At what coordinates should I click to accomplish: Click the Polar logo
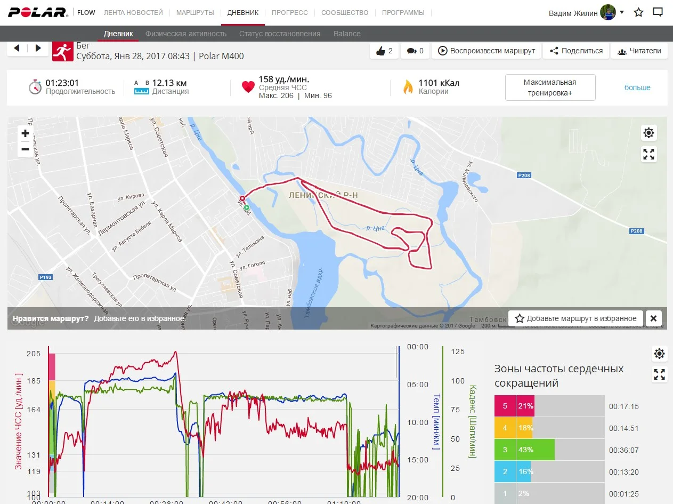coord(38,12)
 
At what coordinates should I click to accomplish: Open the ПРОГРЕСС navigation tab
coord(289,12)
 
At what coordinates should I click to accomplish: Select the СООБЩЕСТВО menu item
coord(345,12)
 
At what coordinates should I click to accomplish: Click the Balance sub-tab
coord(347,34)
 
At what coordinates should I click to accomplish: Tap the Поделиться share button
coord(576,51)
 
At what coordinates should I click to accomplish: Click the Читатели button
coord(639,51)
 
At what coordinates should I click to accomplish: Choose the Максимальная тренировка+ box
coord(550,87)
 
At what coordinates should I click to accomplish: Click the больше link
coord(637,87)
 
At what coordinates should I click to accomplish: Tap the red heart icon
coord(248,87)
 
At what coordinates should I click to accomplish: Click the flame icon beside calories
coord(408,87)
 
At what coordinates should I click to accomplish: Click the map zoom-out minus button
coord(25,150)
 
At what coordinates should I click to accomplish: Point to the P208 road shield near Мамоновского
coord(524,175)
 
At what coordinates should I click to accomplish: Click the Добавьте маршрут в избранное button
coord(575,318)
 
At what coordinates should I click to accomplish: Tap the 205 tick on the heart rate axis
coord(33,354)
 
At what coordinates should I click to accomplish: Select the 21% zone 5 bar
coord(525,406)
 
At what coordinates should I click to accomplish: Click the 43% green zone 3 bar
coord(536,450)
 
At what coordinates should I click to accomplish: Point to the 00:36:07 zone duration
coord(623,450)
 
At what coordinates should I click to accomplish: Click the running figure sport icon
coord(62,51)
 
